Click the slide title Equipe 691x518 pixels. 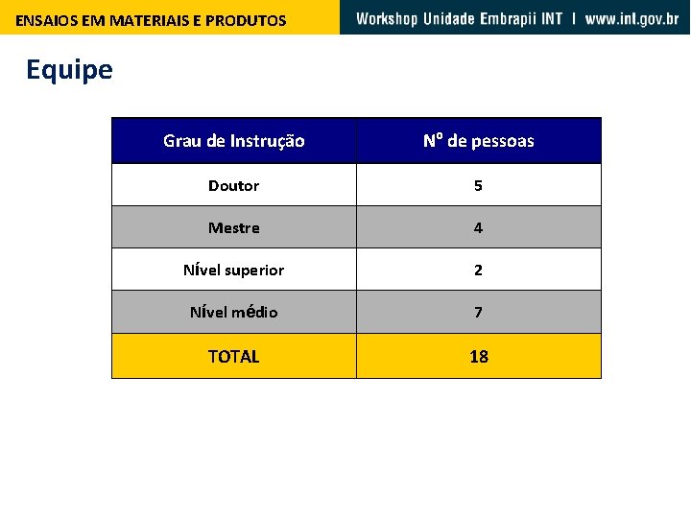(x=69, y=70)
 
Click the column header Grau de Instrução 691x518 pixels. (x=234, y=141)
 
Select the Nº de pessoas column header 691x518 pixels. (x=478, y=141)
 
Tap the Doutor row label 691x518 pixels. (x=234, y=185)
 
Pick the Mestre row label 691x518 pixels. (x=234, y=227)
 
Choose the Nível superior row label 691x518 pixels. (x=234, y=270)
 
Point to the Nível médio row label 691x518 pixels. (x=234, y=312)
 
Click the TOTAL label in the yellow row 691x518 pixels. (x=234, y=356)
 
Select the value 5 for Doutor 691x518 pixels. (x=478, y=185)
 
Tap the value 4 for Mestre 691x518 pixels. (x=478, y=227)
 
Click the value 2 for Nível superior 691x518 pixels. (x=478, y=270)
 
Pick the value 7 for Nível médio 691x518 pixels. (x=478, y=312)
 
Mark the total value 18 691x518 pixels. (x=478, y=356)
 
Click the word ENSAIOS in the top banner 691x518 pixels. (x=44, y=20)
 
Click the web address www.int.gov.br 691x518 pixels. (x=631, y=18)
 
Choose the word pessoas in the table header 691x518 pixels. (x=503, y=141)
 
